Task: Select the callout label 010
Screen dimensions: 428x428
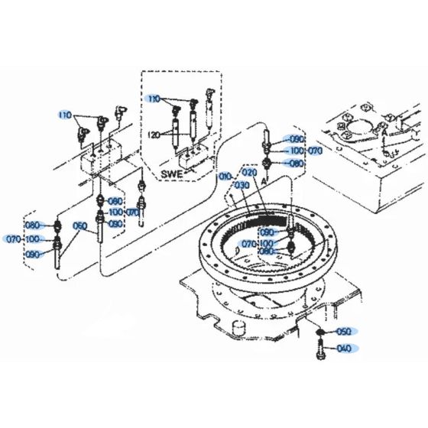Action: click(x=225, y=177)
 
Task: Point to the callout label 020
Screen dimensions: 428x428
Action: click(x=250, y=173)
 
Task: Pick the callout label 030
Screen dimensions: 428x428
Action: click(x=243, y=186)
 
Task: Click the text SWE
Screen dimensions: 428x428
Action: click(x=170, y=174)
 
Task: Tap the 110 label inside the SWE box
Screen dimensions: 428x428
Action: click(x=155, y=99)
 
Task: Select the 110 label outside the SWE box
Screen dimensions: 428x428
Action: click(x=65, y=115)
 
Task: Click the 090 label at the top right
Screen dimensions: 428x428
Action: click(x=295, y=140)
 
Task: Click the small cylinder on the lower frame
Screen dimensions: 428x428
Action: click(x=237, y=329)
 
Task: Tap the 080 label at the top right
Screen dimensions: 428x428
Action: click(x=295, y=163)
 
